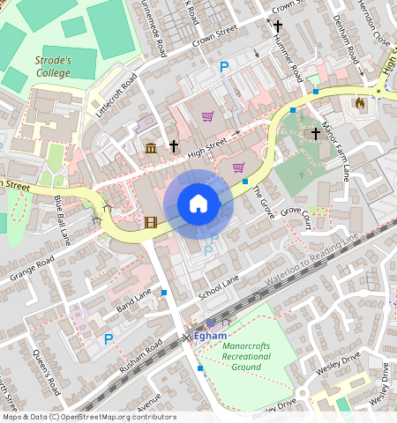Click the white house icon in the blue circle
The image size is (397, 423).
pyautogui.click(x=198, y=204)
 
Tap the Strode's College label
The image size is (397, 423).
pyautogui.click(x=53, y=67)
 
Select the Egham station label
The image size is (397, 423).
pyautogui.click(x=211, y=336)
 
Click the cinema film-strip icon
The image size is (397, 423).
pyautogui.click(x=150, y=221)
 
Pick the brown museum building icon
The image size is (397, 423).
pyautogui.click(x=151, y=147)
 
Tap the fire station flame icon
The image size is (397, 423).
pyautogui.click(x=360, y=103)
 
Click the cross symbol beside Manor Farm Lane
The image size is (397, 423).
pyautogui.click(x=315, y=133)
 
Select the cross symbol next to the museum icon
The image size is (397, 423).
pyautogui.click(x=174, y=146)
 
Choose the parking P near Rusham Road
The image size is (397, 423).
pyautogui.click(x=109, y=338)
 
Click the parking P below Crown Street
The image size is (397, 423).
pyautogui.click(x=224, y=67)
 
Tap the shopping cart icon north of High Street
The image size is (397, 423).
pyautogui.click(x=207, y=115)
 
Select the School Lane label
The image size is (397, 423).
pyautogui.click(x=219, y=284)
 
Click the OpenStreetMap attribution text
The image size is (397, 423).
pyautogui.click(x=88, y=417)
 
